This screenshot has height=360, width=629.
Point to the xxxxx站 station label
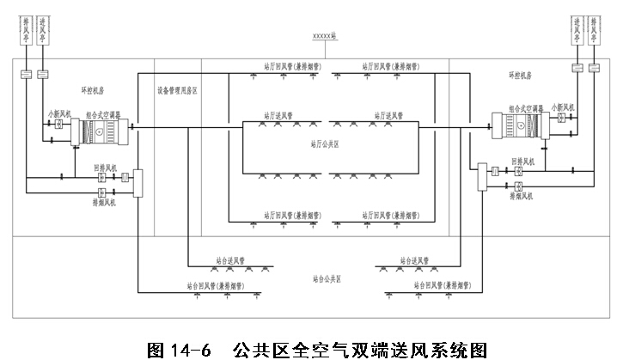click(x=326, y=37)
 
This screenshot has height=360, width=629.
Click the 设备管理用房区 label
click(x=177, y=88)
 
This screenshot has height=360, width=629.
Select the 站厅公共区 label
click(x=324, y=145)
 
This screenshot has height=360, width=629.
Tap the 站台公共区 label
click(x=327, y=279)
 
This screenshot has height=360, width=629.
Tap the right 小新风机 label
click(x=563, y=108)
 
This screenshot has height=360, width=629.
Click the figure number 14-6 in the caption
click(x=188, y=349)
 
